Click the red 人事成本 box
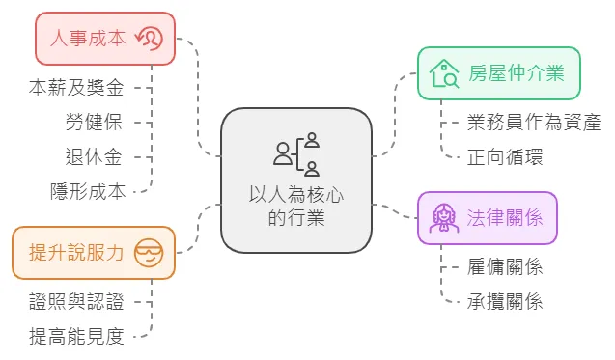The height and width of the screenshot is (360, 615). tap(104, 39)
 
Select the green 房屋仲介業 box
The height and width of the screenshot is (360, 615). tap(499, 72)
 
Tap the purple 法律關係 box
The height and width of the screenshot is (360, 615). tap(488, 217)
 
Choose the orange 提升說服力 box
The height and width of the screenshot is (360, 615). tap(93, 253)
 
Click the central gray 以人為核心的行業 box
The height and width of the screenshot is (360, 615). tap(296, 180)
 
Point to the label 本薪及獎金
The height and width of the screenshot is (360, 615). tap(76, 88)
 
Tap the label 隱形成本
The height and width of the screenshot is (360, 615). tap(88, 190)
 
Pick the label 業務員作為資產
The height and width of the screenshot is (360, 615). tap(533, 122)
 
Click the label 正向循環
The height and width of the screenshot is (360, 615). tap(505, 156)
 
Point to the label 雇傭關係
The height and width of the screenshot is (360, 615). tap(505, 267)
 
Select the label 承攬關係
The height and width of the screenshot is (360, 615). tap(505, 301)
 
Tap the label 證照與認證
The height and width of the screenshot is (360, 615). tap(76, 301)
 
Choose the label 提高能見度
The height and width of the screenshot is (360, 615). tap(76, 336)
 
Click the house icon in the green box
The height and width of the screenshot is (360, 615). tap(444, 72)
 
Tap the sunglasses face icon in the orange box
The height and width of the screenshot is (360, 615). tap(150, 253)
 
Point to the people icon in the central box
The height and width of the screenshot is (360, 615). tap(296, 152)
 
